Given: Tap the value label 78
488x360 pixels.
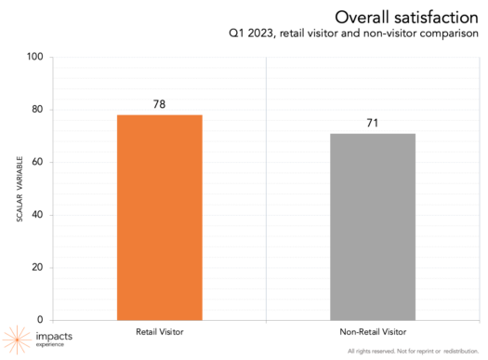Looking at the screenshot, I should [159, 104].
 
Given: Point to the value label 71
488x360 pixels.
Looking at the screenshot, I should [373, 123].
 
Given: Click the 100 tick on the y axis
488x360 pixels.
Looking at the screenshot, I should [35, 57].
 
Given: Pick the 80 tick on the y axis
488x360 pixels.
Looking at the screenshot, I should [38, 110].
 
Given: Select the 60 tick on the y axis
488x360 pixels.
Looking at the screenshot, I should [38, 162].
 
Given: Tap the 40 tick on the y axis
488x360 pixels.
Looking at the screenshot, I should [38, 215].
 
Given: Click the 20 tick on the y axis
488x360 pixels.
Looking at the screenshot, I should [38, 267].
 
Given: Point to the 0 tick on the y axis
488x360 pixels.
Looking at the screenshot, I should [41, 319].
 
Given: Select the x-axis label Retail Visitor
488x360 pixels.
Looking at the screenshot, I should [159, 330].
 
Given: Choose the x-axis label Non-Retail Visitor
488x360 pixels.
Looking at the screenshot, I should [373, 330].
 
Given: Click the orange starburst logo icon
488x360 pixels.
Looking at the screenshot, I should [18, 339].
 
